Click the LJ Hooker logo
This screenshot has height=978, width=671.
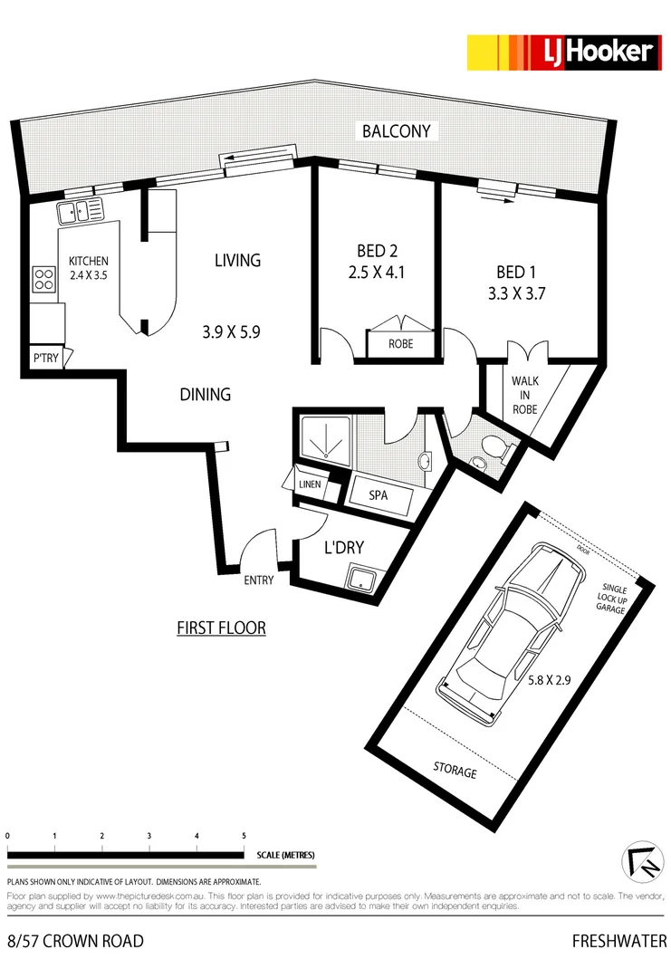tap(561, 53)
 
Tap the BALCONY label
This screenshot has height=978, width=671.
tap(397, 131)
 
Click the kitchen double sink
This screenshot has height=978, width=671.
tap(81, 212)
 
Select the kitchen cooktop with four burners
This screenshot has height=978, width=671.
tap(43, 278)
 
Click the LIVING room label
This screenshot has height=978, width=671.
tap(237, 261)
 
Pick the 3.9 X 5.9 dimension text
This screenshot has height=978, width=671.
tap(231, 332)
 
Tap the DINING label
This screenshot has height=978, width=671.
tap(205, 395)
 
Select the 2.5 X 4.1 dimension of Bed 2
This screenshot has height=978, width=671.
tap(375, 272)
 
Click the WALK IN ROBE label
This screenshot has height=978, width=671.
tap(525, 395)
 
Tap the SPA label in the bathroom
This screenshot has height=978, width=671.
tap(379, 496)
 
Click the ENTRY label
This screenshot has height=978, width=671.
tap(258, 580)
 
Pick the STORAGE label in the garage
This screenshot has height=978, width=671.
tap(455, 772)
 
